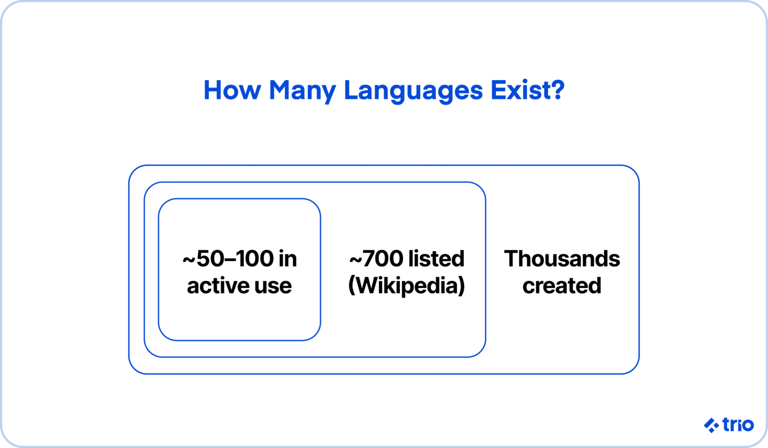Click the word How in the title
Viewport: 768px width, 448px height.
coord(232,90)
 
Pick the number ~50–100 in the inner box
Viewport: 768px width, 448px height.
coord(228,259)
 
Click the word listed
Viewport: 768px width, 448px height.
coord(436,259)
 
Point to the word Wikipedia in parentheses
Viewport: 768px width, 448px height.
coord(406,286)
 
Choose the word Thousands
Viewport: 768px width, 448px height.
coord(562,259)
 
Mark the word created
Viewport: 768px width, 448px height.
coord(562,286)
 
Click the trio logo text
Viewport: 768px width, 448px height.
coord(738,425)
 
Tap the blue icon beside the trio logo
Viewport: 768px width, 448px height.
coord(711,425)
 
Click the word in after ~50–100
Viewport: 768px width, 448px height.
coord(288,259)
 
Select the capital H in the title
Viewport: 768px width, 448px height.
coord(212,90)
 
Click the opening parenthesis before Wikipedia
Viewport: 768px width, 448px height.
coord(351,286)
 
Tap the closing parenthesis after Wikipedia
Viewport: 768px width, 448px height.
coord(461,286)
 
